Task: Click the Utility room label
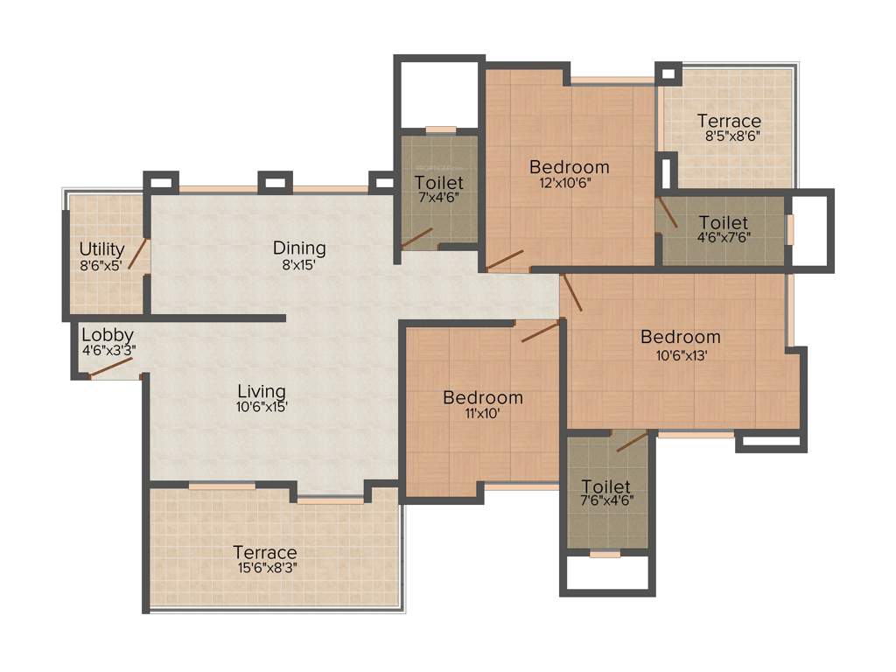click(101, 249)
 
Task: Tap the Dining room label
click(299, 248)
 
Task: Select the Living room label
click(262, 391)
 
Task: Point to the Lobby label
click(107, 335)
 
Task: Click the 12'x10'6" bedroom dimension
click(570, 183)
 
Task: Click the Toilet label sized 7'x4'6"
click(439, 183)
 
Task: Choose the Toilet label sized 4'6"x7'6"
click(724, 223)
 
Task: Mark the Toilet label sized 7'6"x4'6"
click(605, 486)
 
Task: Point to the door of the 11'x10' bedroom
click(540, 332)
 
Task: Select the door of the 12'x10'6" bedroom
click(506, 259)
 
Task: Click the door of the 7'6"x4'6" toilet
click(633, 441)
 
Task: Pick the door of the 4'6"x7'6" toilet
click(668, 212)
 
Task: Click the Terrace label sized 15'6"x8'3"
click(264, 552)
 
